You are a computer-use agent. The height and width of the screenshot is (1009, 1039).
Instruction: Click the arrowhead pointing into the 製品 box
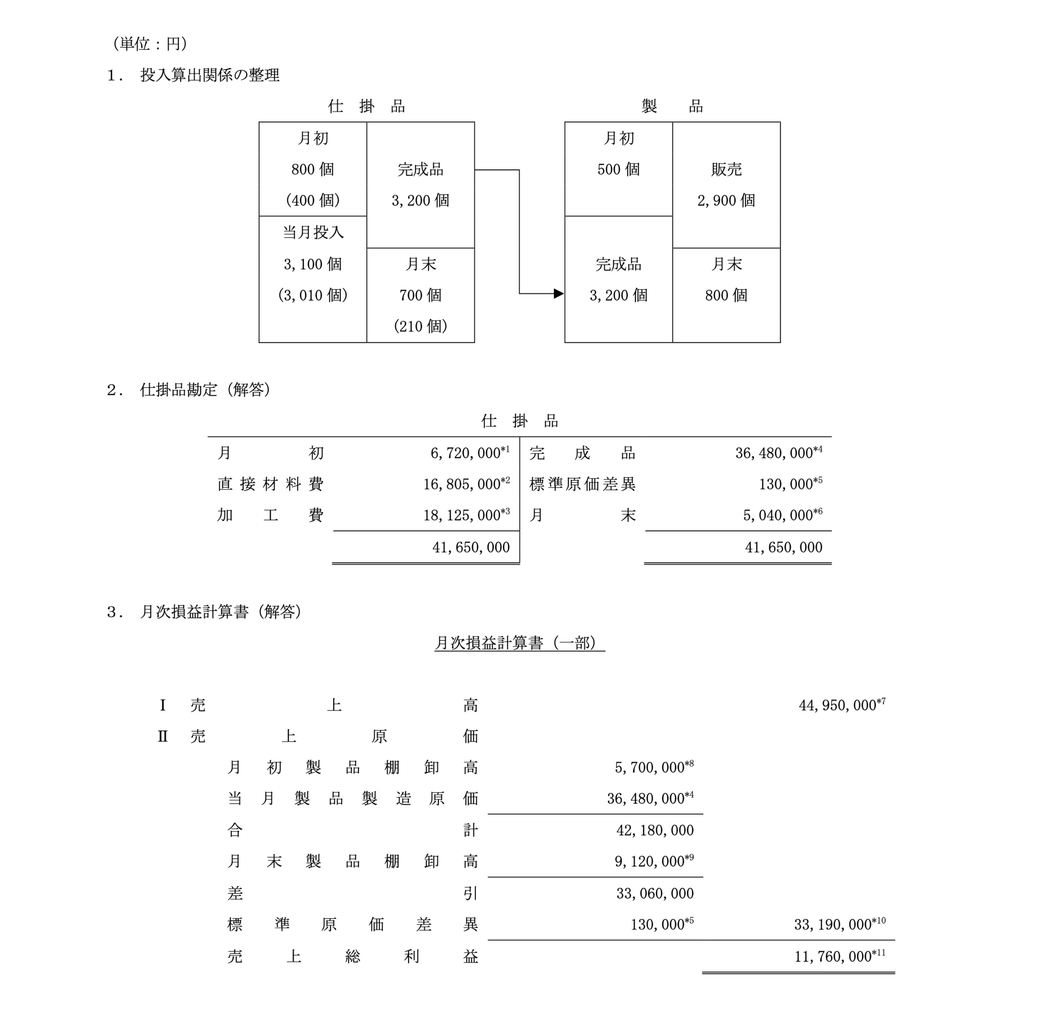point(559,293)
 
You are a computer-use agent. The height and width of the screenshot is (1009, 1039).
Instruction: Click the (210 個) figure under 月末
point(420,326)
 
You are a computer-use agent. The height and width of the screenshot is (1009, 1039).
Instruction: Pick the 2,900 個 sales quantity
point(726,200)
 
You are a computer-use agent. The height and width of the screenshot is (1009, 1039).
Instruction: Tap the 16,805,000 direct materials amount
point(461,484)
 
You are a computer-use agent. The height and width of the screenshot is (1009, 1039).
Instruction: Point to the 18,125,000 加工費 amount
point(461,515)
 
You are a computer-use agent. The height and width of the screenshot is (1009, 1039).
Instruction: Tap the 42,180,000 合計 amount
point(655,830)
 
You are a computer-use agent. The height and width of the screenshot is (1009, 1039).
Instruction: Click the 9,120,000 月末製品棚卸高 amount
point(649,862)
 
